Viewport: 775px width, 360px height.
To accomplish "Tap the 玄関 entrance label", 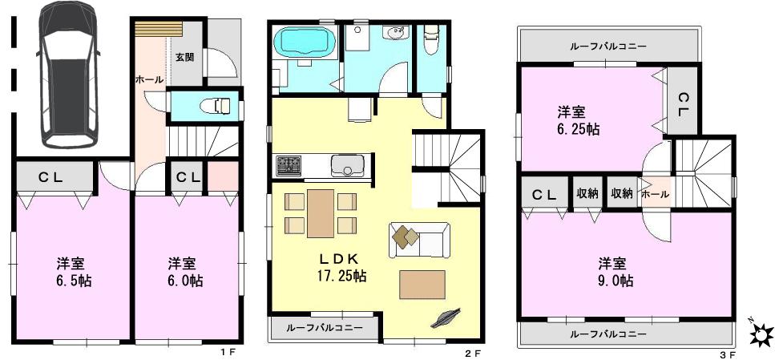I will pyautogui.click(x=184, y=57).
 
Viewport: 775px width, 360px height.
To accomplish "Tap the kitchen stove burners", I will pyautogui.click(x=289, y=166).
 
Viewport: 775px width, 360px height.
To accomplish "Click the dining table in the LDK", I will pyautogui.click(x=320, y=212).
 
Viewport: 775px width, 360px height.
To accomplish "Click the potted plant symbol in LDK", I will pyautogui.click(x=445, y=318).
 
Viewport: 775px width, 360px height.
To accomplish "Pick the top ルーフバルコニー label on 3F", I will pyautogui.click(x=608, y=47).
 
